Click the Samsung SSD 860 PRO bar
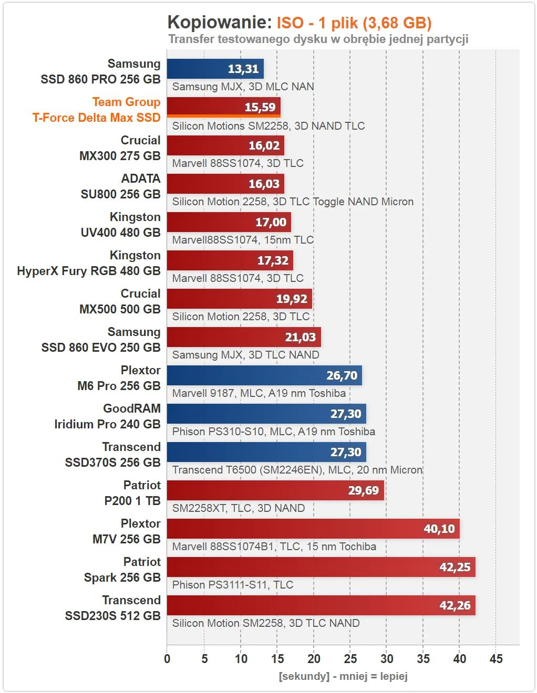pos(215,69)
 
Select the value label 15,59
pos(260,107)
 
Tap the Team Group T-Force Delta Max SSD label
pos(97,110)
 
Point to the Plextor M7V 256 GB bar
pos(313,529)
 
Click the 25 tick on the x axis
pos(350,659)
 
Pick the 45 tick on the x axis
pos(496,659)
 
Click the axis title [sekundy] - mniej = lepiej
pos(343,676)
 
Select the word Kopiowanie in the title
pos(219,23)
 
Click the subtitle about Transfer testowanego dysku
pos(318,39)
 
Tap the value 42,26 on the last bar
pos(455,605)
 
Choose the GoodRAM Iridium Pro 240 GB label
pos(107,416)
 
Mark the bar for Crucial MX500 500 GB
pos(240,299)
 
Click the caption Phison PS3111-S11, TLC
pos(233,585)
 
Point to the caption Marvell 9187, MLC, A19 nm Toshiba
pos(259,393)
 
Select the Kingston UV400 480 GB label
pos(120,225)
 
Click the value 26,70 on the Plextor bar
pos(342,375)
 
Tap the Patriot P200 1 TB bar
pos(275,490)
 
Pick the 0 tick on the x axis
pos(167,659)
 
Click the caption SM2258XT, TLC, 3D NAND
pos(239,508)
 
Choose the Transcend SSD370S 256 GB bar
pos(266,452)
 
